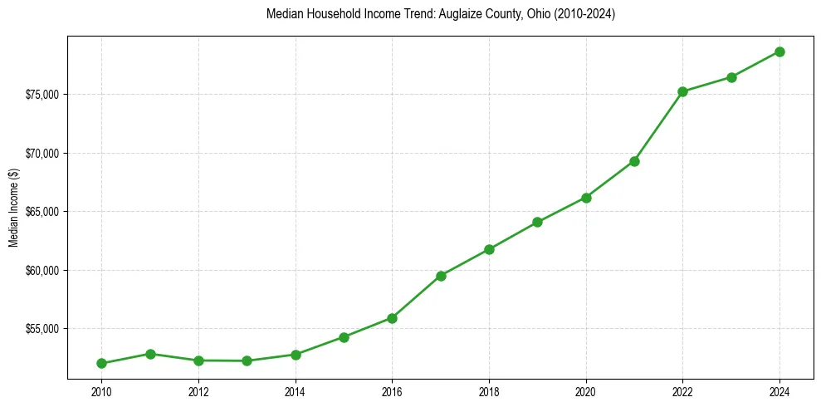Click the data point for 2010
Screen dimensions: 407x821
pyautogui.click(x=101, y=363)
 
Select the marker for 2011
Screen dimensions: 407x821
pyautogui.click(x=150, y=354)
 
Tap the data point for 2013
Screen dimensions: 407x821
pyautogui.click(x=247, y=360)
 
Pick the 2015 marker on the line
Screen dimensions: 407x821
pyautogui.click(x=344, y=337)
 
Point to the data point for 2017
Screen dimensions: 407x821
pyautogui.click(x=441, y=276)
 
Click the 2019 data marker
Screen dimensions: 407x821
pyautogui.click(x=538, y=222)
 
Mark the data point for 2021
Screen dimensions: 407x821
pyautogui.click(x=634, y=161)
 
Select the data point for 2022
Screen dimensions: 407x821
pyautogui.click(x=682, y=91)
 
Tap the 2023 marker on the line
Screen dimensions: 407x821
pyautogui.click(x=731, y=77)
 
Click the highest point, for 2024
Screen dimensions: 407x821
pyautogui.click(x=779, y=51)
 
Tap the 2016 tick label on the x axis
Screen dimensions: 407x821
pyautogui.click(x=392, y=392)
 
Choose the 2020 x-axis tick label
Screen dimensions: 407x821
pyautogui.click(x=586, y=392)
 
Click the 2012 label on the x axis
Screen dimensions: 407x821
pyautogui.click(x=198, y=392)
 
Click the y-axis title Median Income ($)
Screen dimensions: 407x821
pyautogui.click(x=13, y=212)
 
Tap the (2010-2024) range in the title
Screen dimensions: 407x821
pyautogui.click(x=585, y=14)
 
